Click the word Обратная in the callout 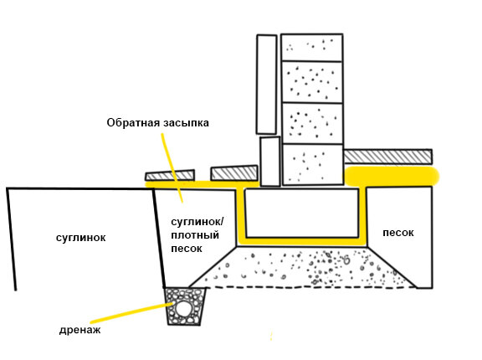tap(133, 123)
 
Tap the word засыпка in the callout tap(186, 123)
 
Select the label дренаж tap(80, 331)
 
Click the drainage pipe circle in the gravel tap(183, 308)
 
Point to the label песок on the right tap(398, 233)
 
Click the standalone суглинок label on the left tap(81, 238)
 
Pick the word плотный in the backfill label tap(195, 235)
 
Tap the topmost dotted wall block tap(312, 48)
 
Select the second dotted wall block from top tap(312, 82)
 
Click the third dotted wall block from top tap(312, 124)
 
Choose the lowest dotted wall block tap(312, 165)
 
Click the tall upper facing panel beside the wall tap(266, 85)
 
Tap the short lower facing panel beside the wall tap(270, 162)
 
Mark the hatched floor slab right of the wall tap(387, 157)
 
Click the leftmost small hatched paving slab tap(170, 175)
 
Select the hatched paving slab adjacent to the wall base tap(234, 173)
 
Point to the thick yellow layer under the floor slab tap(392, 177)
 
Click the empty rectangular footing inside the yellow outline tap(302, 213)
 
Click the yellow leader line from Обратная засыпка tap(172, 167)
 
